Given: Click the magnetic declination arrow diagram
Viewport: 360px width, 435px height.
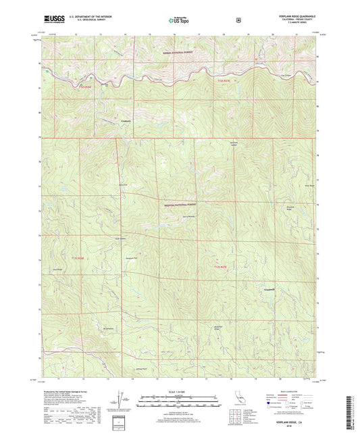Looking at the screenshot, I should (x=122, y=399).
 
